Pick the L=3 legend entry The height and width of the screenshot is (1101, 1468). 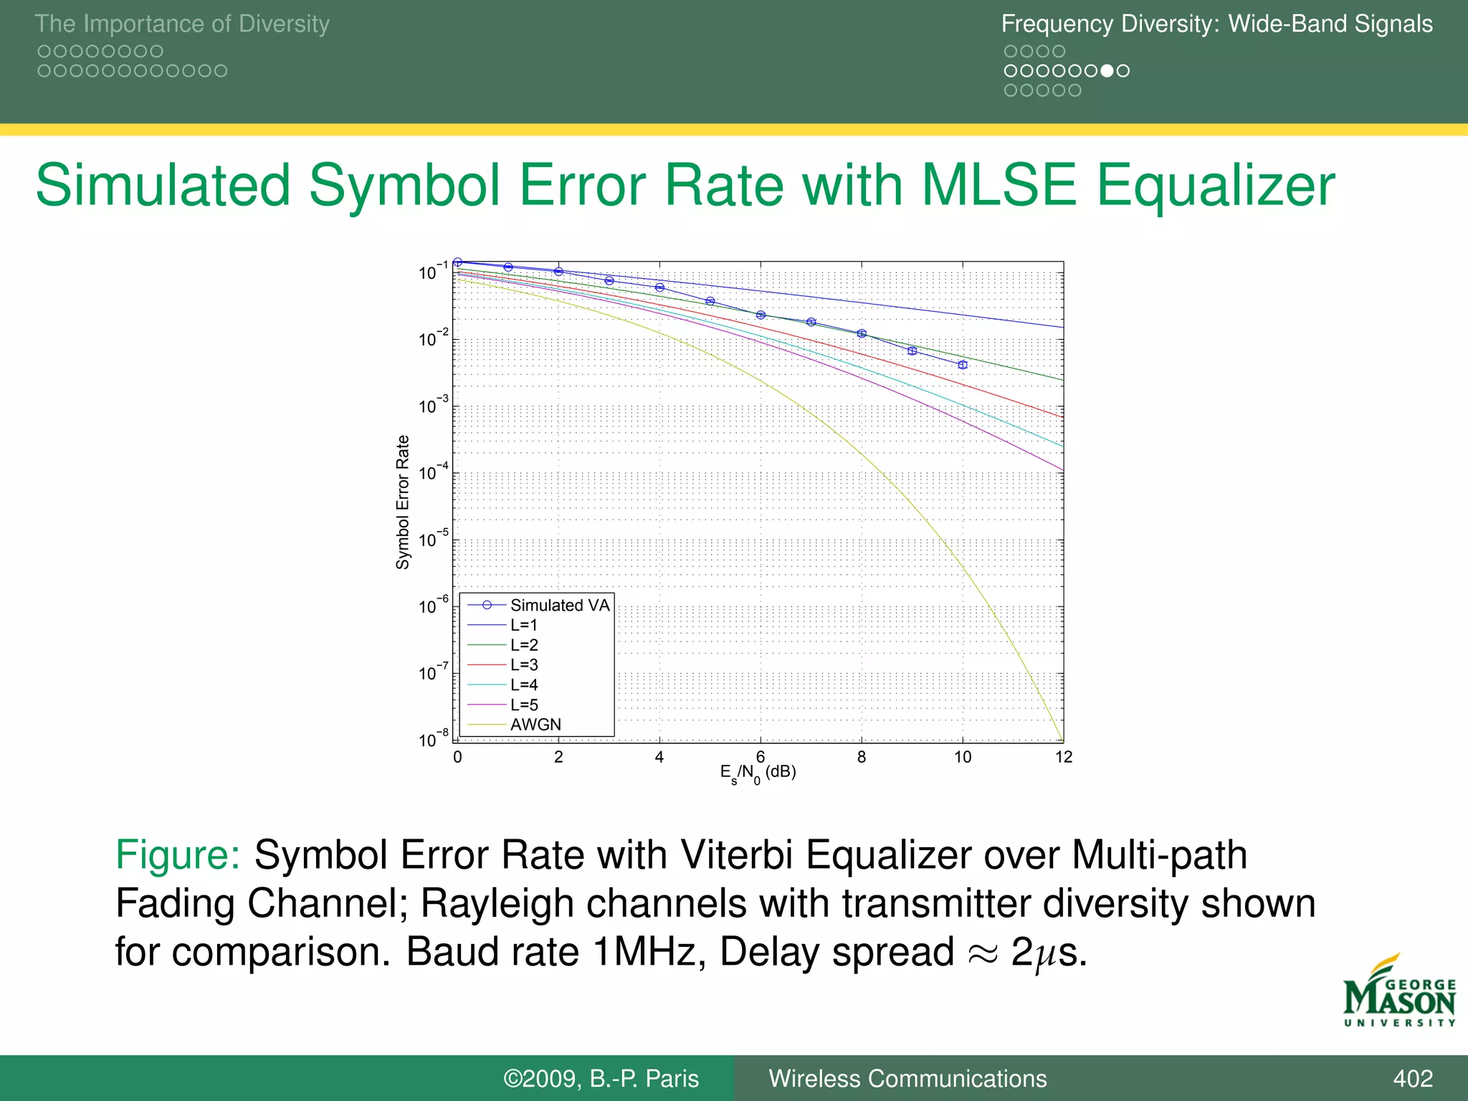click(524, 665)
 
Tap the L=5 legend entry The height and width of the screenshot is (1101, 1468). click(524, 705)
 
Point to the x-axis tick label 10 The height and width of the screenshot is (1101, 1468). click(962, 757)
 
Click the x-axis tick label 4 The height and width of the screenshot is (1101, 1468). click(659, 757)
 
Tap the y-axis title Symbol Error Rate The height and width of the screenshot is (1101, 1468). click(403, 502)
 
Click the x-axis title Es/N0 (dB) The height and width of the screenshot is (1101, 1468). click(758, 773)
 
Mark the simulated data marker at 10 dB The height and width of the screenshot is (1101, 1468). click(963, 365)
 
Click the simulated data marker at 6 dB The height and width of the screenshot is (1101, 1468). click(761, 315)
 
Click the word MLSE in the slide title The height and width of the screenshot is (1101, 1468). click(998, 186)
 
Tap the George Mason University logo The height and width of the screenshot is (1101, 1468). click(1398, 993)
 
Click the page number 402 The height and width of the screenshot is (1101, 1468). click(1412, 1078)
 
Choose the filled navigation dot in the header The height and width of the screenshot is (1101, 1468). click(1107, 71)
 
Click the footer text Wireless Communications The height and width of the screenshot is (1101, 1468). click(907, 1078)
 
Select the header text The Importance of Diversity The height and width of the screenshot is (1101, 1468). click(182, 24)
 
